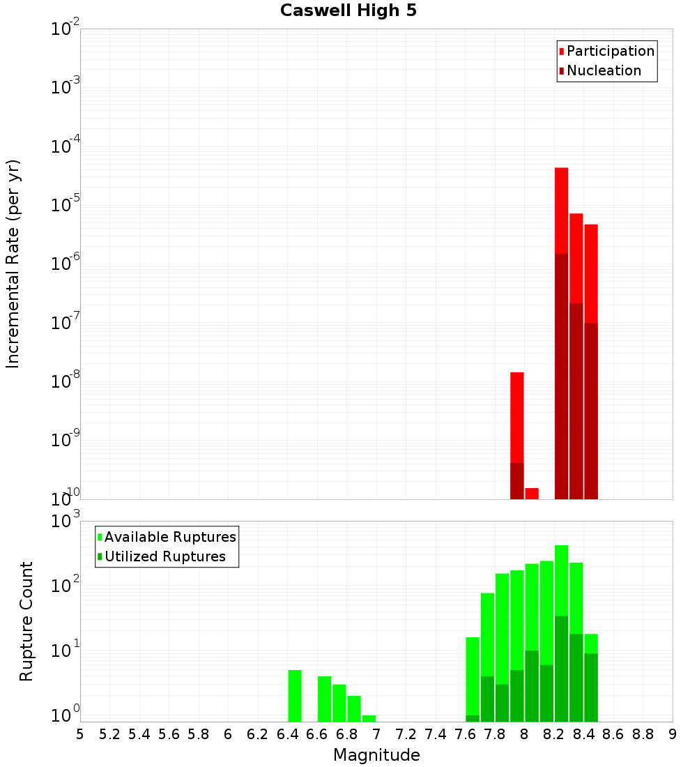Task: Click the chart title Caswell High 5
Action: pos(348,11)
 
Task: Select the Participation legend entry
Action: pos(611,51)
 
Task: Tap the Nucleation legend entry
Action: pos(604,70)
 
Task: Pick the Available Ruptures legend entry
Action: pos(170,537)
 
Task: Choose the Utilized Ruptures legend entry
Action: pos(164,556)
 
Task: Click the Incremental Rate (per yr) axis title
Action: pos(13,264)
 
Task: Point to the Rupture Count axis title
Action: pos(26,621)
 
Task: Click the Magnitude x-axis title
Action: pos(376,755)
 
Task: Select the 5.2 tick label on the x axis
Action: pos(110,734)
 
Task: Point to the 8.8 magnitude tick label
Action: pos(643,734)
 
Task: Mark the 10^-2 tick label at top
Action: pos(66,29)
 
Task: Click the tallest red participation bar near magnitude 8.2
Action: pos(562,209)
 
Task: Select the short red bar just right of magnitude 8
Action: pos(532,494)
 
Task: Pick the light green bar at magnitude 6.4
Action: pos(295,696)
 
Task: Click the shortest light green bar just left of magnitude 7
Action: pos(369,718)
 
